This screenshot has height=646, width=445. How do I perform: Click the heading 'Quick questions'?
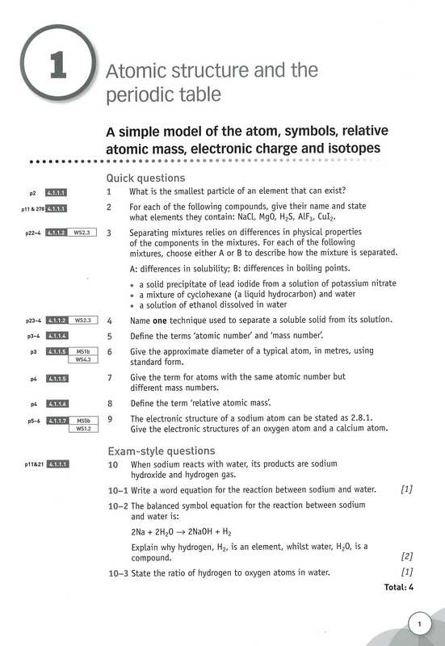[145, 178]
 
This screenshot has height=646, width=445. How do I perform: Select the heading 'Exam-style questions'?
[162, 451]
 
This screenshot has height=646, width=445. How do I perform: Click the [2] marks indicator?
[407, 556]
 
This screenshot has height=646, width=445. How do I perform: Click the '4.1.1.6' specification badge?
[57, 402]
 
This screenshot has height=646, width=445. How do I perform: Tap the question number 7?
[109, 377]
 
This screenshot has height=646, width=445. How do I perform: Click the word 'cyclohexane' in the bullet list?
[200, 294]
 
